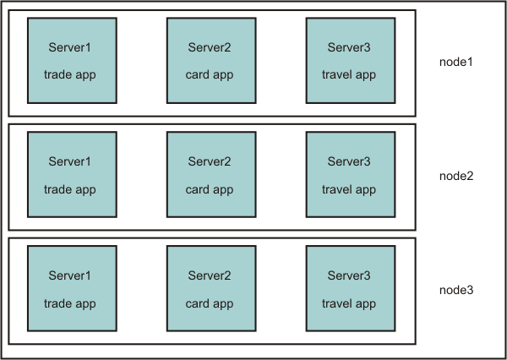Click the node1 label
pos(456,62)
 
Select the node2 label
pos(456,176)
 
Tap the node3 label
pos(456,290)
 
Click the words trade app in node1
pos(70,74)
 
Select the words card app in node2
pos(210,189)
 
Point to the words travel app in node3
pos(349,303)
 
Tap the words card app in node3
pos(210,303)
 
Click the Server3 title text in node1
pos(349,46)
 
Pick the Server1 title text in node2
pos(70,161)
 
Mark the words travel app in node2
pos(349,189)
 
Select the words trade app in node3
pos(70,303)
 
